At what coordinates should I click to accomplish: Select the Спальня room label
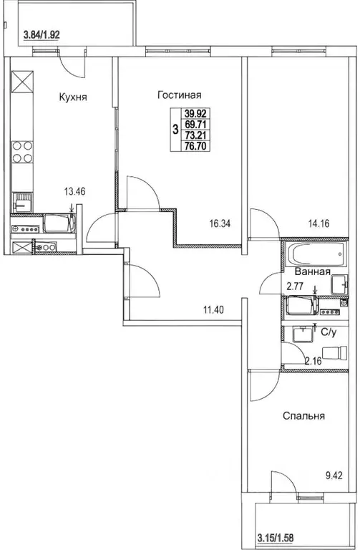click(x=304, y=415)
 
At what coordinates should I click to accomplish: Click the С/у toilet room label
click(x=329, y=332)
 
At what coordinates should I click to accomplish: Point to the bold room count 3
click(x=175, y=130)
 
